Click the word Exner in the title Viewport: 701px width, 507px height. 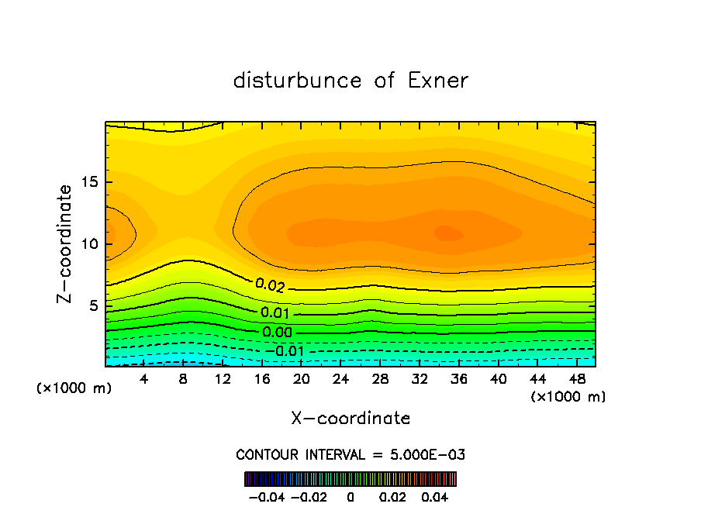(x=439, y=81)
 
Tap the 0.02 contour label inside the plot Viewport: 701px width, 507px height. (x=270, y=285)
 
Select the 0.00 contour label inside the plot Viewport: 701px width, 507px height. (x=278, y=332)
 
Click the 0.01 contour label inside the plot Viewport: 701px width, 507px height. (x=276, y=313)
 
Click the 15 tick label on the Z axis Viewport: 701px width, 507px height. (x=87, y=183)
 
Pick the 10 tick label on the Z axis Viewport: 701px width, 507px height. (x=87, y=244)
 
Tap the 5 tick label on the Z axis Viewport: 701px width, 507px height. (x=91, y=305)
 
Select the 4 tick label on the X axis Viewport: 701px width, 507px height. (x=144, y=379)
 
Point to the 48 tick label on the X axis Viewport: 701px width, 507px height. (x=577, y=379)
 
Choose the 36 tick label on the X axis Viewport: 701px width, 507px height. (x=459, y=379)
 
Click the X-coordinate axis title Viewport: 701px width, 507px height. (x=350, y=419)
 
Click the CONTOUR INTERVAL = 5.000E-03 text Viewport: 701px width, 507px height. (x=350, y=454)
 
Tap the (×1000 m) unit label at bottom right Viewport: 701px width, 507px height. (x=568, y=397)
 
